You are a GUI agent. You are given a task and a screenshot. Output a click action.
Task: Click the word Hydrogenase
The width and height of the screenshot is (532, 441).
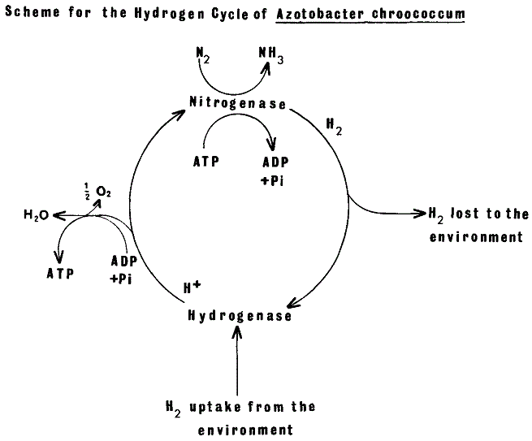[238, 316]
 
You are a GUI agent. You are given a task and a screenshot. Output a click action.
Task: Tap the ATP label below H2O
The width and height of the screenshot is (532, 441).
[59, 273]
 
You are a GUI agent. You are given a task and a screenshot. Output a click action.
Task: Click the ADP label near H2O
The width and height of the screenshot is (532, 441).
[124, 263]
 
